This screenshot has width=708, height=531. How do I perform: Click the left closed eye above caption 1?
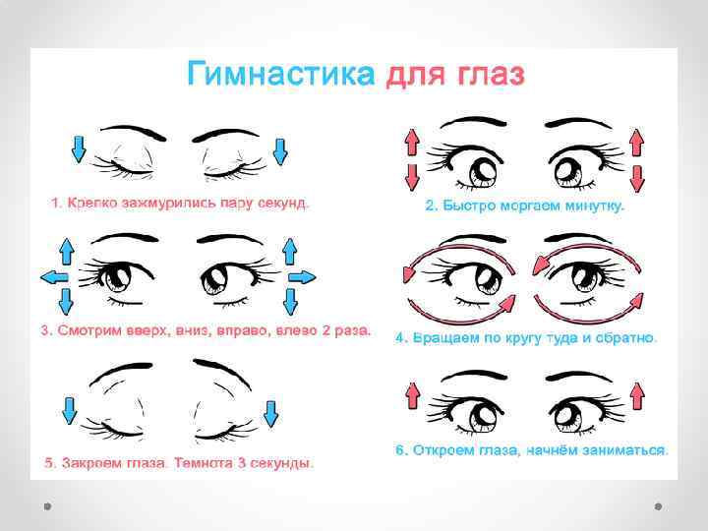131,167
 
